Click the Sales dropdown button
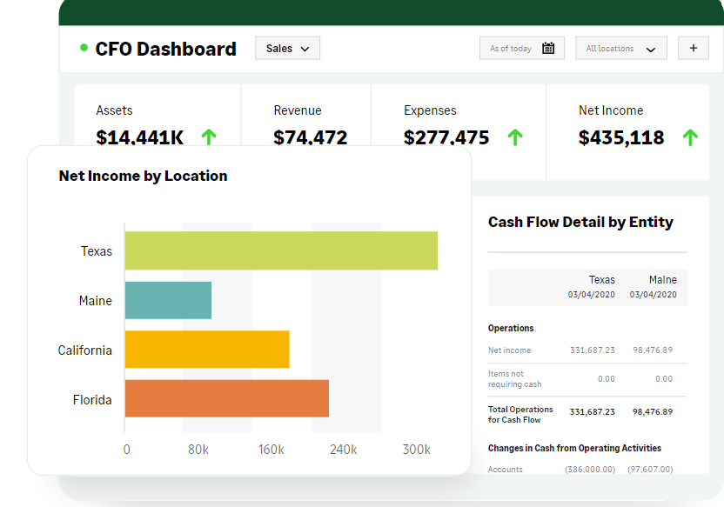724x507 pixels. click(287, 49)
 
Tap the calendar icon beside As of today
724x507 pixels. click(548, 49)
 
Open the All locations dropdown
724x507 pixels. click(620, 49)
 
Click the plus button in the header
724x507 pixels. click(693, 49)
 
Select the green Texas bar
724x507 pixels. click(280, 250)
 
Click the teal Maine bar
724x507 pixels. click(168, 300)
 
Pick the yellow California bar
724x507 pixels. click(206, 350)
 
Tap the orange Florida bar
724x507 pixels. click(226, 398)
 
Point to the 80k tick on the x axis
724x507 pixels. click(198, 450)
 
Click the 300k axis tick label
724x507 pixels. click(416, 450)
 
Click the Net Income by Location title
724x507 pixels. click(143, 176)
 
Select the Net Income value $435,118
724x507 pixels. click(620, 137)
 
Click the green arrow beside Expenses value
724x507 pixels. click(515, 137)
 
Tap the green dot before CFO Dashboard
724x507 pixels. click(84, 48)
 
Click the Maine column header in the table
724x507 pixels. click(662, 280)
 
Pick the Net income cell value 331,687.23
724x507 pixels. click(592, 350)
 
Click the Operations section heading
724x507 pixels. click(511, 328)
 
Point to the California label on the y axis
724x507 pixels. click(85, 350)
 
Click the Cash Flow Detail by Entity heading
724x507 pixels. click(580, 222)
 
